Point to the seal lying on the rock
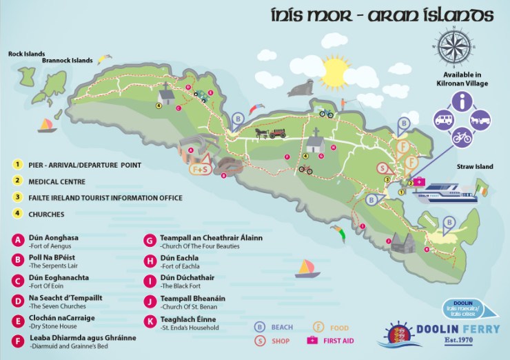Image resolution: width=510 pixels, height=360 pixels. (301, 88)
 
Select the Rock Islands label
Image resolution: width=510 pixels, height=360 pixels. (27, 53)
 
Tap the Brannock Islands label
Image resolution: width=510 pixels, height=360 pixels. (67, 61)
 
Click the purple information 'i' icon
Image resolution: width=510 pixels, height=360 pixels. (462, 103)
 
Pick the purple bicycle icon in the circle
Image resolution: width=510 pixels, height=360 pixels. (462, 137)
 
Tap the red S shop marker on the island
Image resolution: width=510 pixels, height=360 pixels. (381, 168)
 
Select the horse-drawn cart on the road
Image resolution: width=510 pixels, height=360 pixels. (270, 132)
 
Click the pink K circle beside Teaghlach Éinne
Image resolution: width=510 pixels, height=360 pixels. (149, 321)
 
